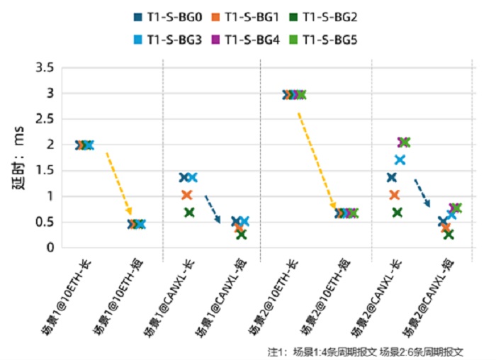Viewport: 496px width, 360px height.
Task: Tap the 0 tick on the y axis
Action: pyautogui.click(x=51, y=247)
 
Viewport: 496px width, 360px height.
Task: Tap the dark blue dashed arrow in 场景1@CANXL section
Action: pyautogui.click(x=213, y=208)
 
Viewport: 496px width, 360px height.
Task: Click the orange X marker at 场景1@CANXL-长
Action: pyautogui.click(x=187, y=195)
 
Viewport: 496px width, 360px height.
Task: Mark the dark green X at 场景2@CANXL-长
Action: pyautogui.click(x=398, y=212)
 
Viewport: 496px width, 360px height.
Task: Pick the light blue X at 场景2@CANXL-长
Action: pyautogui.click(x=400, y=160)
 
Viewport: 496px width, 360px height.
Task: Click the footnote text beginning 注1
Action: pyautogui.click(x=365, y=351)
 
